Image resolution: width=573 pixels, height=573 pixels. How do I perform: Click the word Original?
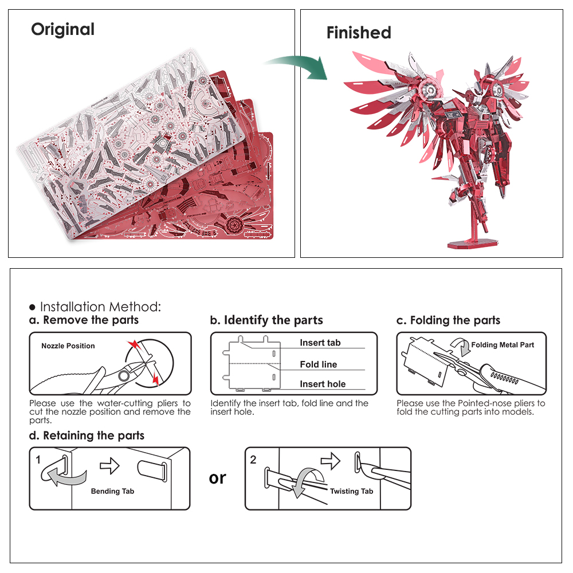click(x=62, y=29)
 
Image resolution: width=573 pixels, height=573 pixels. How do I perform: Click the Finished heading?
click(x=359, y=33)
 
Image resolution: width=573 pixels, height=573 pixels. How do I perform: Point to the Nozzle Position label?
click(x=68, y=346)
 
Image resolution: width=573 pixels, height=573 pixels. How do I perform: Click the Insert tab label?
click(x=320, y=343)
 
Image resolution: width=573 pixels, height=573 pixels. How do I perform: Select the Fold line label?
click(x=318, y=364)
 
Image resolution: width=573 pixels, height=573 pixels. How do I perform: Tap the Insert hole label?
click(x=323, y=384)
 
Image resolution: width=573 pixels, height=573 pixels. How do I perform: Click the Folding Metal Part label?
click(x=503, y=345)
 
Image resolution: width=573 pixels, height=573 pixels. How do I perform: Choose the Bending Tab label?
click(x=112, y=491)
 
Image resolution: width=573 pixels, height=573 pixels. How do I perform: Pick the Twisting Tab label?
click(x=351, y=491)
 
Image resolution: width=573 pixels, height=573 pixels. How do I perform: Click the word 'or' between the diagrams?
click(x=218, y=477)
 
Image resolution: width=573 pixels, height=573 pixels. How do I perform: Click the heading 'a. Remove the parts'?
click(x=84, y=320)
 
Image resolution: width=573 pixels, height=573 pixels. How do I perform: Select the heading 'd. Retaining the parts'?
click(x=87, y=436)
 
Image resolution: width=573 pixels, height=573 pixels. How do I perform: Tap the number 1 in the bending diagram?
click(x=38, y=460)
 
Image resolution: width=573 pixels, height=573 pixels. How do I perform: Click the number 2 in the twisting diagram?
click(x=253, y=460)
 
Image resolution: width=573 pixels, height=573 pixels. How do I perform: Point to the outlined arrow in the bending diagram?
click(x=109, y=466)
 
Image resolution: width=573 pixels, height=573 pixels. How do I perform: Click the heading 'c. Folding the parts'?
click(x=448, y=320)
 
